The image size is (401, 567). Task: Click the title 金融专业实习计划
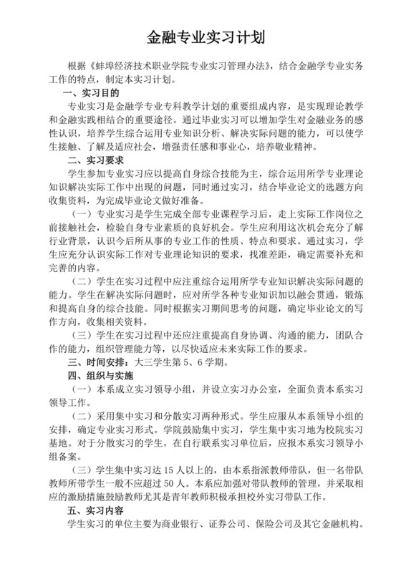pos(200,37)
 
